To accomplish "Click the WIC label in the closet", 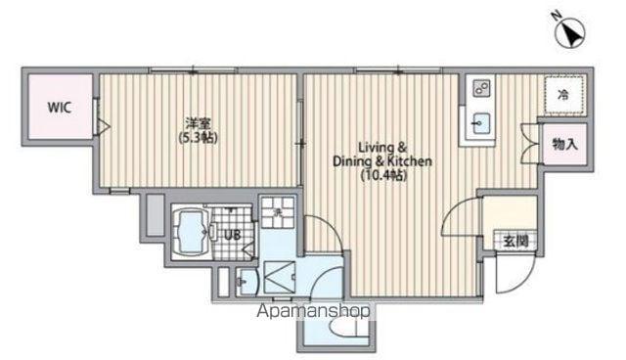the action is coord(60,108).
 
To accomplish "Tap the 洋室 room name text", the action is coord(198,122).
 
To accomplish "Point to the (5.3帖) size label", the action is coord(198,138).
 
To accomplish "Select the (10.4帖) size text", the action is coord(383,175).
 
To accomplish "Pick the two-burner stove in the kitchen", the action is coord(481,88).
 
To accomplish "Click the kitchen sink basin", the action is coord(481,123).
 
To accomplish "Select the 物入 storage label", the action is coord(565,144).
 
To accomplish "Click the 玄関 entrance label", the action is coord(515,241).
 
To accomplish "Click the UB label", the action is coord(232,235).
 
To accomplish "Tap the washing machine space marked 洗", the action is coord(278,212).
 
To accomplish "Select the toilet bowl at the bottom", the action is coord(343,328).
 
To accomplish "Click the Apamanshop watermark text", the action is coord(313,311).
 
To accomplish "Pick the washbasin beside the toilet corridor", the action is coord(246,282).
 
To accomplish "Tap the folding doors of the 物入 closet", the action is coord(530,144).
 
